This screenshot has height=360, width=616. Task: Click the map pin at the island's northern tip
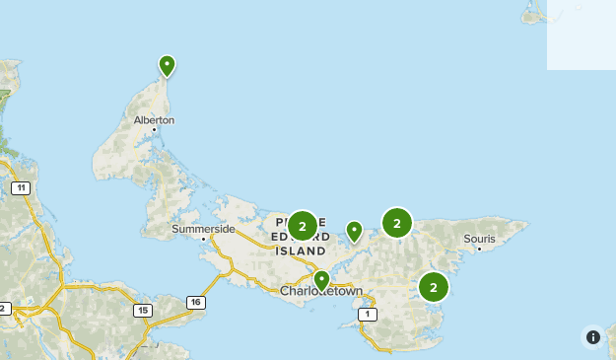(x=168, y=66)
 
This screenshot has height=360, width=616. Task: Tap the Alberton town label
(x=155, y=120)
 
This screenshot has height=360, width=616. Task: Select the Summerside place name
(x=203, y=229)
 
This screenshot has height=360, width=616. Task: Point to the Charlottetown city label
(x=321, y=292)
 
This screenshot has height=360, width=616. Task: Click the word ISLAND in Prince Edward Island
(x=301, y=252)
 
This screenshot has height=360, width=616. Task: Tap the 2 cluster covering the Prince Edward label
(x=303, y=227)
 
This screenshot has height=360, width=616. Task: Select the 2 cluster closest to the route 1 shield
(x=433, y=287)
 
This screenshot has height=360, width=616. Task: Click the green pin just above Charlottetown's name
(x=321, y=280)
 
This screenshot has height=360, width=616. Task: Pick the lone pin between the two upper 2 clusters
(x=354, y=232)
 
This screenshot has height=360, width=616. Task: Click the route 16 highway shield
(x=196, y=302)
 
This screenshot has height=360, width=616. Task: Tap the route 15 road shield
(x=144, y=310)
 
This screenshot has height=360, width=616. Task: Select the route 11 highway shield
(x=21, y=187)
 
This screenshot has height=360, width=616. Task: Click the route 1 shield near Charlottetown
(x=369, y=315)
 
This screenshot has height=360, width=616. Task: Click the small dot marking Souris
(x=479, y=249)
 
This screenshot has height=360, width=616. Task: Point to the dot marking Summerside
(x=204, y=239)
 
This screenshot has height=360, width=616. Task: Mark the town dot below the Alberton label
(x=154, y=129)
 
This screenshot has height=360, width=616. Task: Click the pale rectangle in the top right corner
(x=582, y=35)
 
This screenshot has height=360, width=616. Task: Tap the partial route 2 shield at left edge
(x=3, y=309)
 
